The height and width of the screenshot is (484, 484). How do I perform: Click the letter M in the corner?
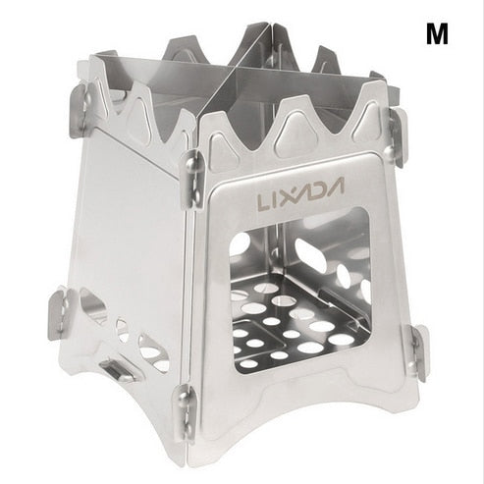coord(437,34)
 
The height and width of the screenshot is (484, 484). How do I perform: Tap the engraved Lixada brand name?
coord(300,192)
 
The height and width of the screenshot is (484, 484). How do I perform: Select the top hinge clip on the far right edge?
coord(398,136)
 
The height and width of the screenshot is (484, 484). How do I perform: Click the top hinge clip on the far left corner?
coord(80,110)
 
